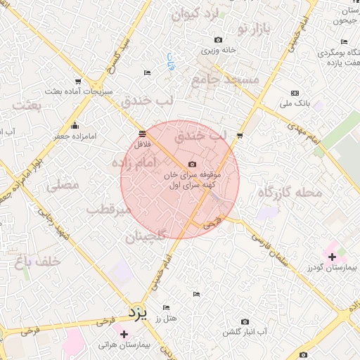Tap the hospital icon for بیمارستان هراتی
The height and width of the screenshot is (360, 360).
pos(124,333)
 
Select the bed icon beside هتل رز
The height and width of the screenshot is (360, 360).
pos(166,307)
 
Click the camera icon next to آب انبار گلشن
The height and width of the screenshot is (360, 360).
pos(245,321)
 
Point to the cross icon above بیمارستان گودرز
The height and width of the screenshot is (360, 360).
pos(332,257)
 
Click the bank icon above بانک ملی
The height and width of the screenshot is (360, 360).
pos(295,94)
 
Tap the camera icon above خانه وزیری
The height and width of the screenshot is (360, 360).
pos(218,39)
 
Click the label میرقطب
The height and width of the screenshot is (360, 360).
pos(109,210)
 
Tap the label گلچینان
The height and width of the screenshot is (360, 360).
pos(145,237)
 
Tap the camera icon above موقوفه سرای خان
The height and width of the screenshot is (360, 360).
pos(192,164)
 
